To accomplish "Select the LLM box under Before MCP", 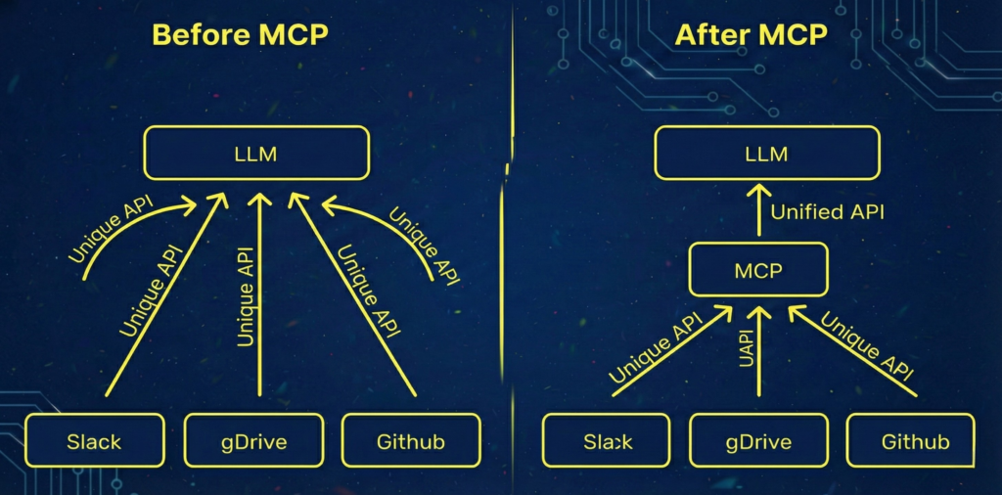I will (x=256, y=154).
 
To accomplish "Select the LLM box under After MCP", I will (x=766, y=154).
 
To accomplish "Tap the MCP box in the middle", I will (x=758, y=269).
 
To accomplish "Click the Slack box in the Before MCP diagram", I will (x=94, y=440).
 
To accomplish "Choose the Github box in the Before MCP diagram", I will (x=411, y=440).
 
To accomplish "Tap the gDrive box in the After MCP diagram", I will (x=757, y=441).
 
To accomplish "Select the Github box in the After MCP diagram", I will (x=915, y=441).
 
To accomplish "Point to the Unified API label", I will (x=827, y=210).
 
